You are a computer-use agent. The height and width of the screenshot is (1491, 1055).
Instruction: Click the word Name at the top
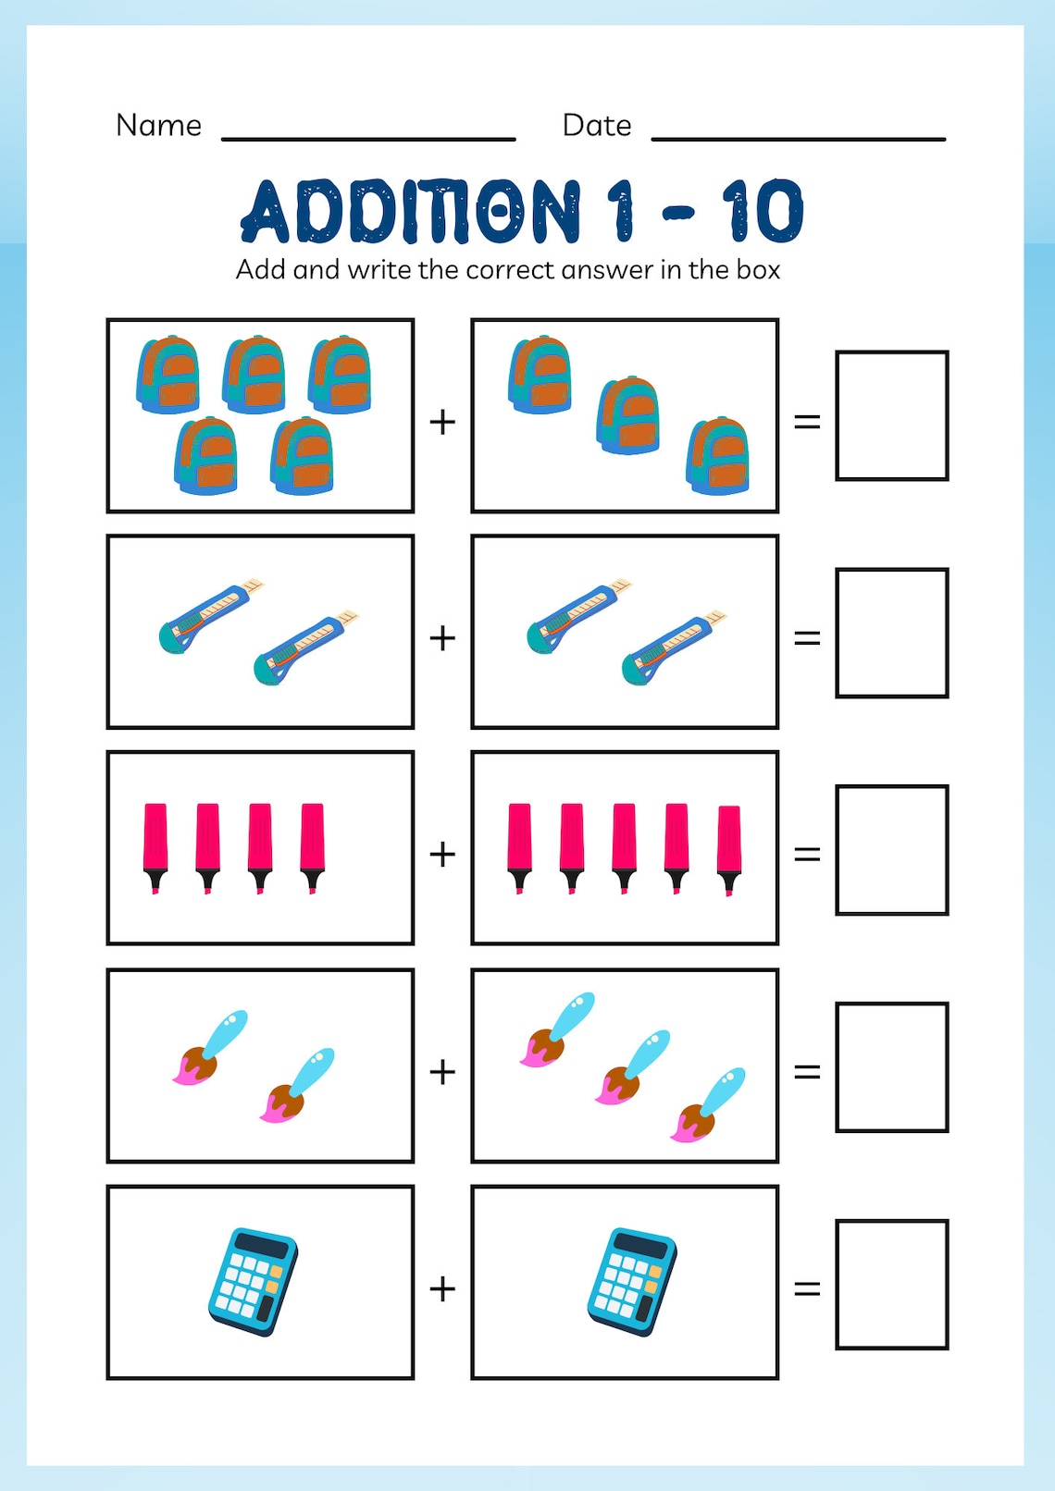click(x=158, y=125)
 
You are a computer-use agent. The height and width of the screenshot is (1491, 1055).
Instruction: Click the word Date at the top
click(x=596, y=125)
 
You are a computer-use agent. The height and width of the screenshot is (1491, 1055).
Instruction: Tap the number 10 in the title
click(x=763, y=211)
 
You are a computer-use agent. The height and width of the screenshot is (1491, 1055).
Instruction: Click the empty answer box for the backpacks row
click(x=891, y=415)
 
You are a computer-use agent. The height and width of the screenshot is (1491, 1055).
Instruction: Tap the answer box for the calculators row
click(x=891, y=1284)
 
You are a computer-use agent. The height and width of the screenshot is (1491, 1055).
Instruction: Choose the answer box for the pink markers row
click(x=891, y=850)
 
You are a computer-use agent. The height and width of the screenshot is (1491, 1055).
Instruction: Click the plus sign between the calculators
click(x=442, y=1288)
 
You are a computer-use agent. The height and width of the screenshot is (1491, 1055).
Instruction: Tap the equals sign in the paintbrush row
click(x=807, y=1071)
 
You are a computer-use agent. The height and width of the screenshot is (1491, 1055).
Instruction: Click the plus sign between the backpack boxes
click(x=442, y=422)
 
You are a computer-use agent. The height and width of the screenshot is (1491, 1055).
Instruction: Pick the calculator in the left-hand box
click(x=253, y=1281)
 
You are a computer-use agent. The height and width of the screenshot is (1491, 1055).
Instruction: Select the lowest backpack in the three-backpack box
click(x=717, y=455)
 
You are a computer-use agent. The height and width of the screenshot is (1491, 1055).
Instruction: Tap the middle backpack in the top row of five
click(x=254, y=374)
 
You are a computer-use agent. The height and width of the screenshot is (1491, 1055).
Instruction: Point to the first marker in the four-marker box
click(x=155, y=846)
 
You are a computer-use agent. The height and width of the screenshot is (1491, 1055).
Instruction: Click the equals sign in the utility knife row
click(x=807, y=638)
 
